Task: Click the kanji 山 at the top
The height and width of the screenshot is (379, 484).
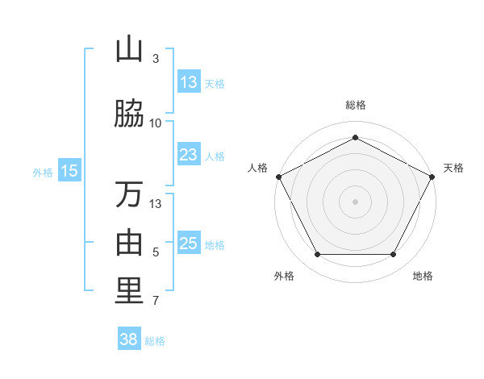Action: tap(129, 49)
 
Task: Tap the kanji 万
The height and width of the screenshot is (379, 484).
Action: tap(129, 194)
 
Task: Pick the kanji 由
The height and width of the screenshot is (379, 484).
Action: tap(129, 243)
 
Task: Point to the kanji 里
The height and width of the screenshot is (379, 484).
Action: tap(129, 291)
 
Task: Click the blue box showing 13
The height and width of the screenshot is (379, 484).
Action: tap(189, 81)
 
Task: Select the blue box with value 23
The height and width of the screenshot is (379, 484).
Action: tap(189, 154)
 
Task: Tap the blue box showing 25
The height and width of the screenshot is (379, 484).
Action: tap(189, 243)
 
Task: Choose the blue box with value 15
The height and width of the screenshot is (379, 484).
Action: tap(69, 170)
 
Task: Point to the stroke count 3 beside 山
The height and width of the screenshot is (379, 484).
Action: tap(156, 58)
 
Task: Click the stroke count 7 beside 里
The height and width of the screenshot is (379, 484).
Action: tap(156, 302)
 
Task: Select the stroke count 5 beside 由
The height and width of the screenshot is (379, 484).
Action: tap(156, 252)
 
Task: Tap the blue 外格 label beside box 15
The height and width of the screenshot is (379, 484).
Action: tap(43, 172)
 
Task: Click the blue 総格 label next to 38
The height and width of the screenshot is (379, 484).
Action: tap(155, 341)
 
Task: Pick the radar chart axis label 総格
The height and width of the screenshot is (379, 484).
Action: tap(356, 105)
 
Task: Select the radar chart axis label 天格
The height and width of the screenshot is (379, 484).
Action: tap(453, 168)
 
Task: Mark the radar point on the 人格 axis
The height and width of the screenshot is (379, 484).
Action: tap(279, 176)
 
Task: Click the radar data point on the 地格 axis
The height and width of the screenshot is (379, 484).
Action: tap(394, 255)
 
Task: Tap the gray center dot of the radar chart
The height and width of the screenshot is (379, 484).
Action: tap(356, 201)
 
